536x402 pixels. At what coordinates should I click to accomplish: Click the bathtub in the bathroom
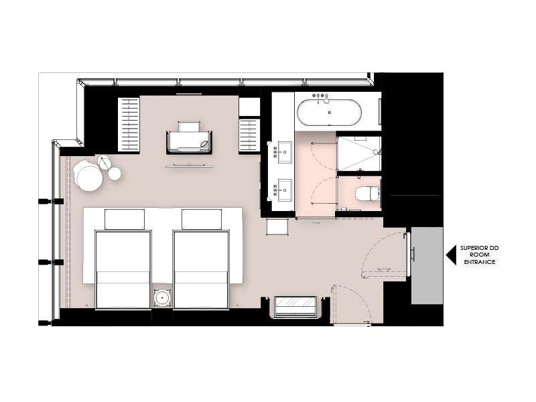click(x=329, y=112)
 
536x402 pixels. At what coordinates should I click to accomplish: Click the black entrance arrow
click(x=451, y=255)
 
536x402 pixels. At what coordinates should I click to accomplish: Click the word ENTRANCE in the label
click(x=479, y=262)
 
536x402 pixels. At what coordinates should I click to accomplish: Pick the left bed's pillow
click(x=125, y=219)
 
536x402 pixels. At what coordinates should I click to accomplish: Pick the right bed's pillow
click(x=202, y=219)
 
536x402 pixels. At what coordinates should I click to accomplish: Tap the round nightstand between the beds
click(x=162, y=298)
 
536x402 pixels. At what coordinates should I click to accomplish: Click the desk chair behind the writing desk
click(x=189, y=127)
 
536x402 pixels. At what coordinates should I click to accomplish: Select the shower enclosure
click(x=359, y=153)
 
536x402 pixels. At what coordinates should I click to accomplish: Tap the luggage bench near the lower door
click(x=295, y=306)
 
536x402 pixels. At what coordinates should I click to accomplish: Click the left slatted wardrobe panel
click(x=129, y=124)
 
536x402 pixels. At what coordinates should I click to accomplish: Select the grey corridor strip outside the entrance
click(x=427, y=265)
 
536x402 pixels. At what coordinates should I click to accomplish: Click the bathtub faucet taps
click(x=320, y=96)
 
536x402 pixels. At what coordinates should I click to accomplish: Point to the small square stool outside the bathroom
click(x=277, y=226)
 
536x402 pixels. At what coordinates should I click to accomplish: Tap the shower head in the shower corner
click(x=376, y=151)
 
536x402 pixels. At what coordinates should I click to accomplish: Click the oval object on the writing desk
click(x=204, y=144)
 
